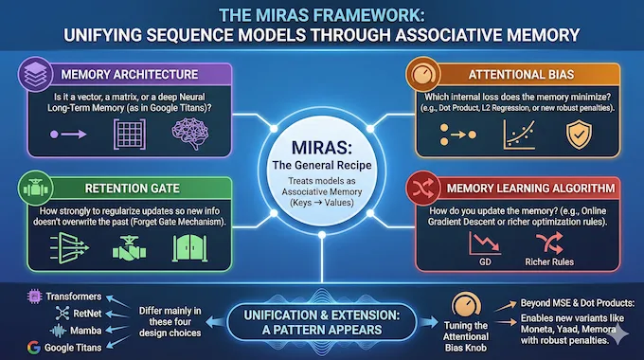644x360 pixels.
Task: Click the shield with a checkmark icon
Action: click(577, 134)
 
